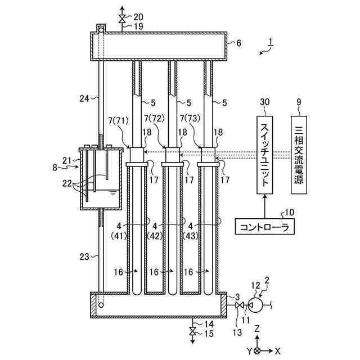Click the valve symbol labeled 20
point(121,19)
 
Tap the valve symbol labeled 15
point(192,331)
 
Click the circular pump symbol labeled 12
point(255,305)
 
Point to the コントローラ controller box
point(265,226)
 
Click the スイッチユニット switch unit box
point(264,155)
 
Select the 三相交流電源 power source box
point(299,155)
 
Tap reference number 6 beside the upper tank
point(238,43)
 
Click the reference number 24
point(84,98)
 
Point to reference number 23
point(84,256)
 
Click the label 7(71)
point(119,120)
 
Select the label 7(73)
point(190,119)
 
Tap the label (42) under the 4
point(155,236)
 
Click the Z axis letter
point(257,329)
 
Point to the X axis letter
point(278,350)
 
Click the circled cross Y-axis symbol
point(258,350)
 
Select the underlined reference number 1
point(271,42)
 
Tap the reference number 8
point(55,168)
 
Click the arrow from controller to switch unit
point(264,206)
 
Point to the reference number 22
point(67,184)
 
